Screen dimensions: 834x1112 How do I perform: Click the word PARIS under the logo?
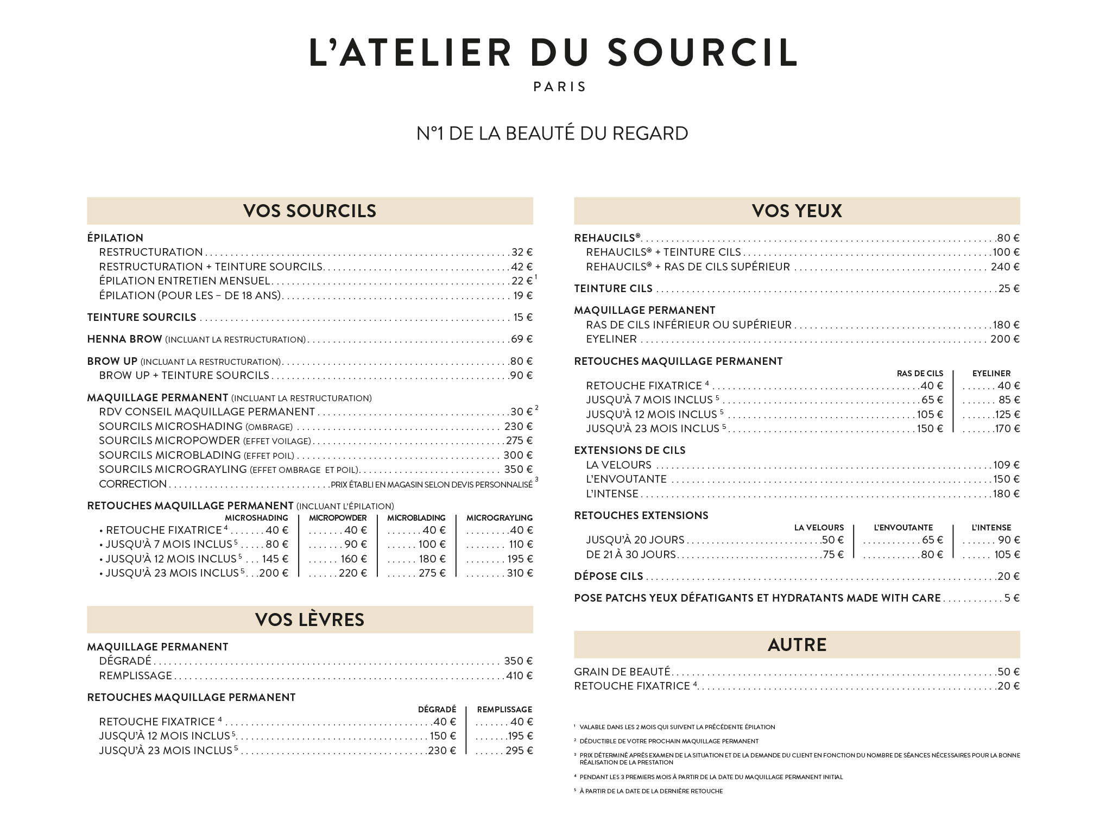pyautogui.click(x=560, y=87)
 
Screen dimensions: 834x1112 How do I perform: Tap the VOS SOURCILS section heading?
pyautogui.click(x=309, y=211)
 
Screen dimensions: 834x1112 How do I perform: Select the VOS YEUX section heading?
pyautogui.click(x=797, y=211)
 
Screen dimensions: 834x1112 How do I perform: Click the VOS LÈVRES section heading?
pyautogui.click(x=309, y=620)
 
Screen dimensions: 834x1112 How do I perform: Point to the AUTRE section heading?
pyautogui.click(x=797, y=645)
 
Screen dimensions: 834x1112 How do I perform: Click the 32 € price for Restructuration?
pyautogui.click(x=522, y=252)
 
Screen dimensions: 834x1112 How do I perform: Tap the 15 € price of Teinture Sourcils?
pyautogui.click(x=523, y=317)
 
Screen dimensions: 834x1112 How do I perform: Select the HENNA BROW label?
pyautogui.click(x=124, y=339)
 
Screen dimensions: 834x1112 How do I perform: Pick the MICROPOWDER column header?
pyautogui.click(x=338, y=518)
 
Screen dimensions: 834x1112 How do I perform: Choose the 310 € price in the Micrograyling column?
pyautogui.click(x=520, y=573)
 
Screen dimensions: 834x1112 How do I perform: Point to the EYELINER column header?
pyautogui.click(x=991, y=374)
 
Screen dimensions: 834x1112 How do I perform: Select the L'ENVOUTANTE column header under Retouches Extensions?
pyautogui.click(x=903, y=528)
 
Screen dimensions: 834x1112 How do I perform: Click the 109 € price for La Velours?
pyautogui.click(x=1006, y=465)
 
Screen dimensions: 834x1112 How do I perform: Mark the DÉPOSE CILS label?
pyautogui.click(x=608, y=576)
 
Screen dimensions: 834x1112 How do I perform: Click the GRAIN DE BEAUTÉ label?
pyautogui.click(x=622, y=672)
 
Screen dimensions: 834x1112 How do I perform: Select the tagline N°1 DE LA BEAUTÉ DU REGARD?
pyautogui.click(x=552, y=134)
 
